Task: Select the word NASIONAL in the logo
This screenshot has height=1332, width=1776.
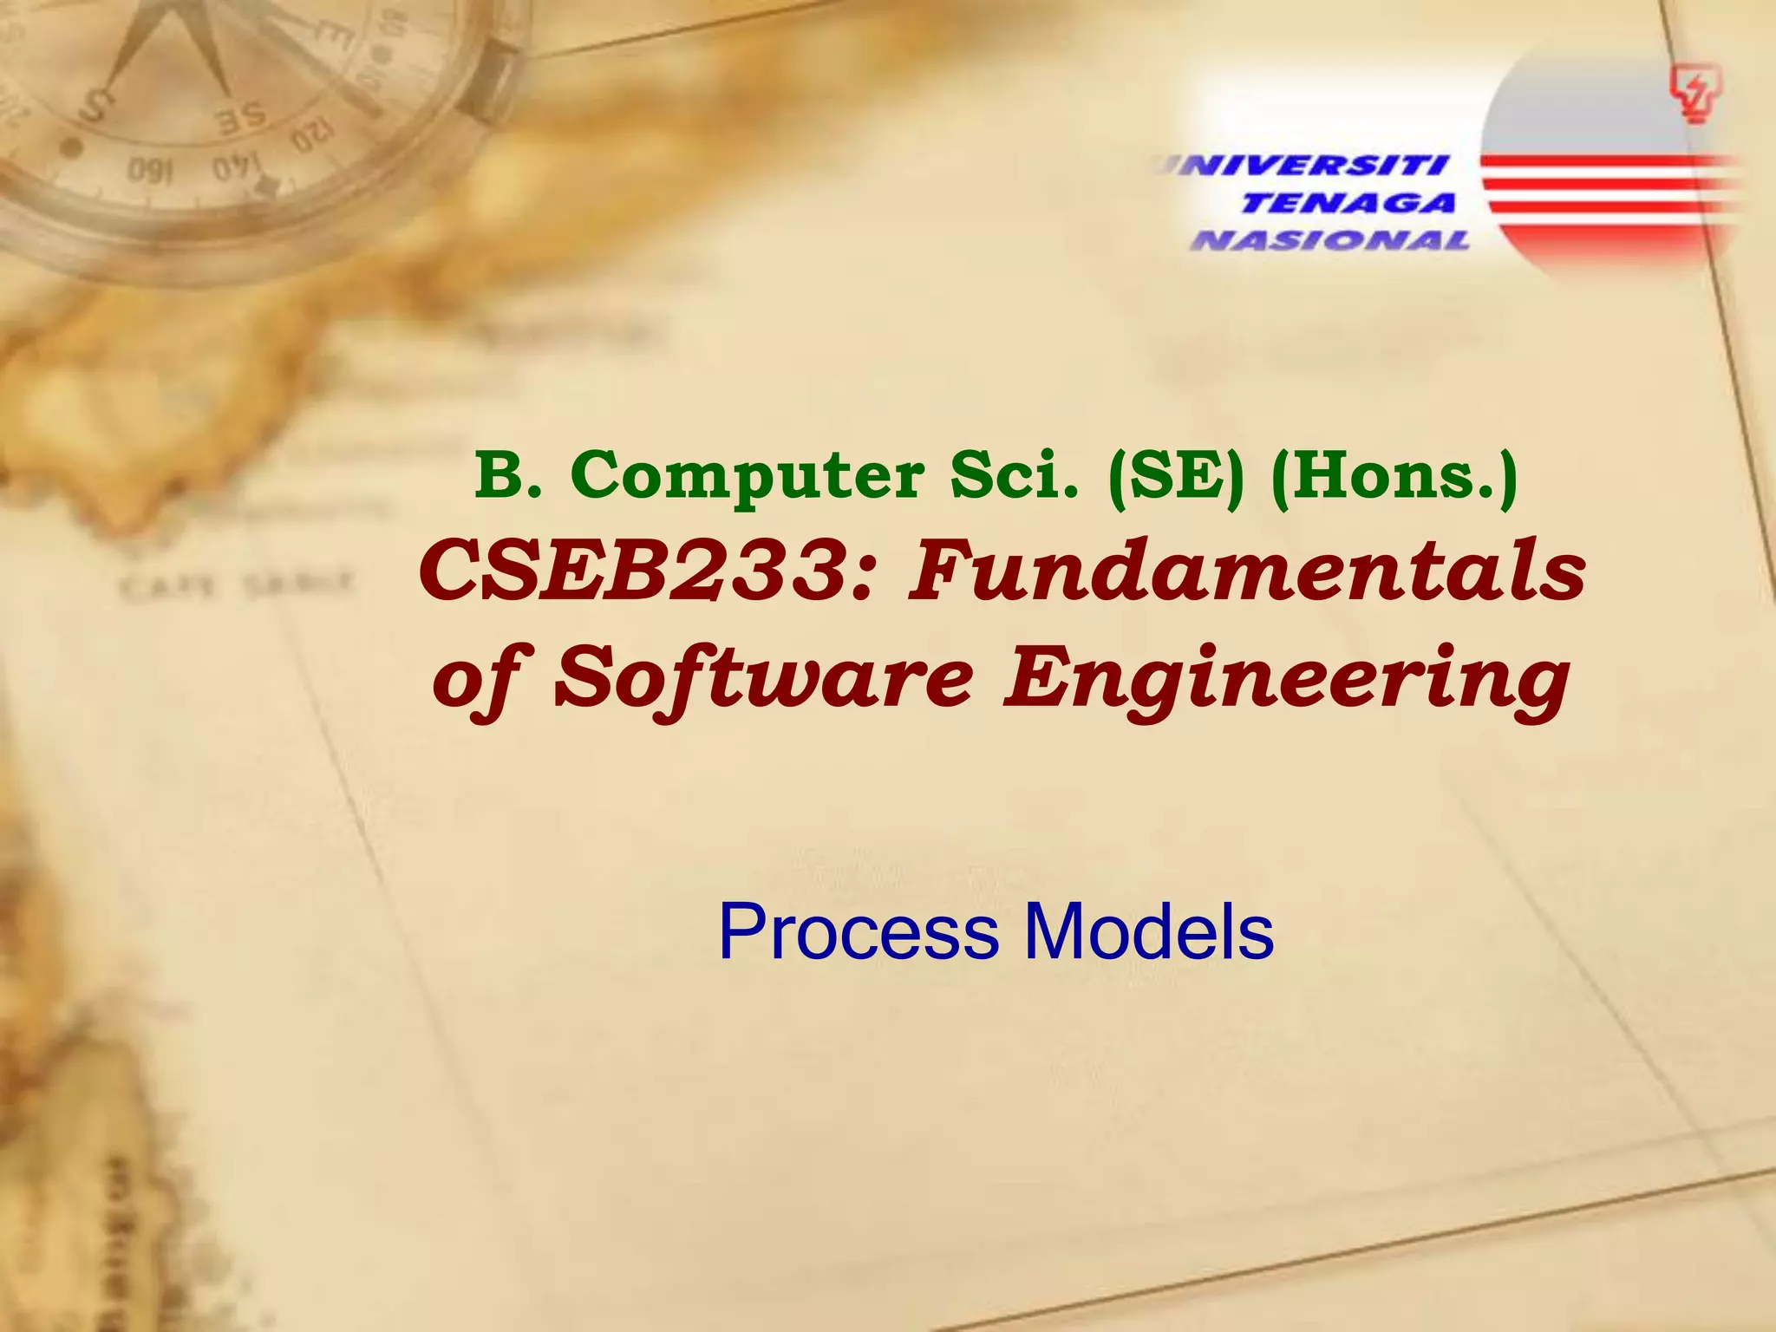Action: point(1331,240)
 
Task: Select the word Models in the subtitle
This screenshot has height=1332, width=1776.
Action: point(1149,932)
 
